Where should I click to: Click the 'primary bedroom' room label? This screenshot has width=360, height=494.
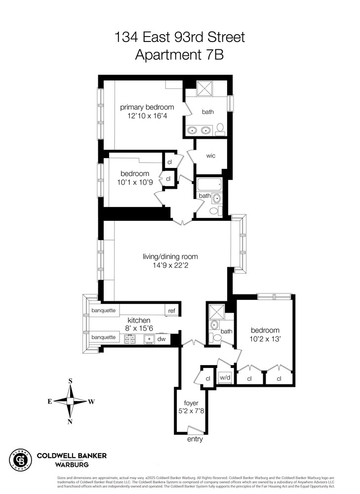[x=147, y=107]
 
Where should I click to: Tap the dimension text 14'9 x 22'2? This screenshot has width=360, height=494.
[x=170, y=266]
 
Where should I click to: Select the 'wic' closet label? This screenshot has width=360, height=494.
[x=211, y=156]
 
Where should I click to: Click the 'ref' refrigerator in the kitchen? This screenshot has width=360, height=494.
[x=171, y=311]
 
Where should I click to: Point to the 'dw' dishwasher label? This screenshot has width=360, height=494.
[x=161, y=339]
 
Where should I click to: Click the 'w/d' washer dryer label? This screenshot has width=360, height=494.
[x=225, y=378]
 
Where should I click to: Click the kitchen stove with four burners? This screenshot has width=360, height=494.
[x=130, y=339]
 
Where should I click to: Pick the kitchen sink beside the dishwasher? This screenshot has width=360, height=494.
[x=148, y=339]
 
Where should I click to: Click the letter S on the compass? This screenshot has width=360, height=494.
[x=70, y=381]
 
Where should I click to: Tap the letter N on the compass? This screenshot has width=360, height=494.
[x=70, y=421]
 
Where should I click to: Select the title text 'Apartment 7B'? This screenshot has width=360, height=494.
[x=179, y=54]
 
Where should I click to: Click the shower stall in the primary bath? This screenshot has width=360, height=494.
[x=205, y=88]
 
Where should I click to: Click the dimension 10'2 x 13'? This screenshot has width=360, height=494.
[x=265, y=339]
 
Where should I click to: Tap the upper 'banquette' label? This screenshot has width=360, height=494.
[x=104, y=311]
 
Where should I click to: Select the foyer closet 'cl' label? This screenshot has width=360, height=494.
[x=208, y=378]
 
